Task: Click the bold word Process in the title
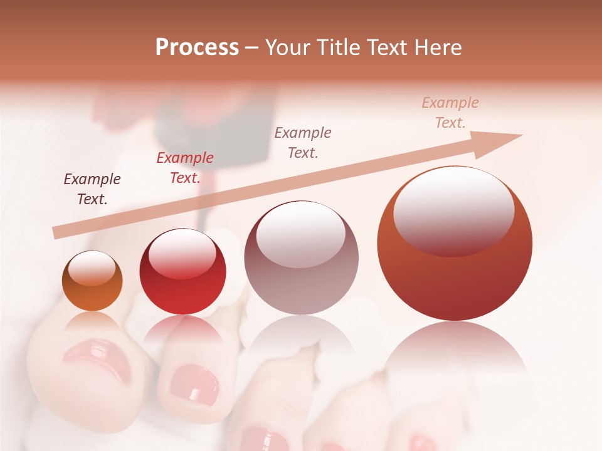(197, 48)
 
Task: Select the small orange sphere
(92, 281)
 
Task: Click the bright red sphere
(182, 272)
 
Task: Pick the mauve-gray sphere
(301, 257)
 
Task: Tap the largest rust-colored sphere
(455, 244)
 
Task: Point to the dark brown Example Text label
(92, 189)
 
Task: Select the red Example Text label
(185, 167)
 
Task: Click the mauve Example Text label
(303, 142)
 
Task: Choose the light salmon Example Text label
(450, 112)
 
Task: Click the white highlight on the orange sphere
(92, 269)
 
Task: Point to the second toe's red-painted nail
(194, 383)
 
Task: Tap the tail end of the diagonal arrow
(58, 232)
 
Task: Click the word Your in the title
(287, 48)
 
